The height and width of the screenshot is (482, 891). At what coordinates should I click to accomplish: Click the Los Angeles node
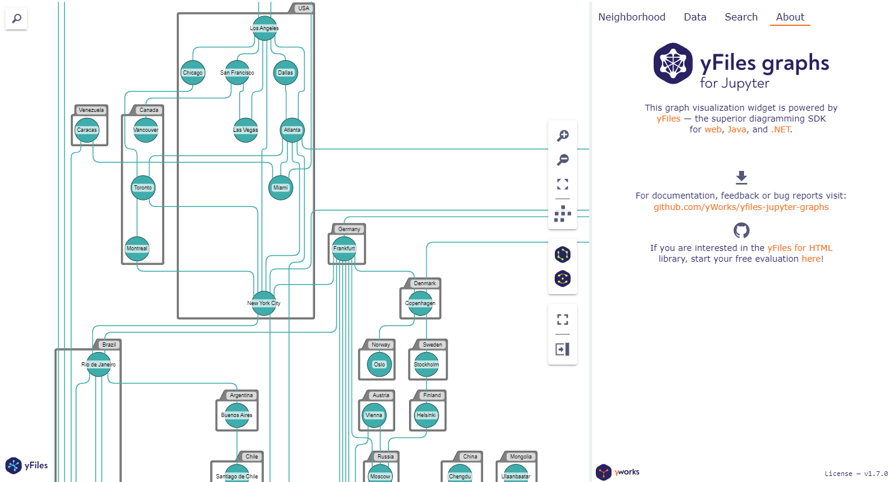[x=264, y=28]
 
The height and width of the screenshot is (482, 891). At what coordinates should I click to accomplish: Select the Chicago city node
[x=193, y=73]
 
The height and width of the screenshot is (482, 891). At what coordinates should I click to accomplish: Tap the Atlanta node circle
[x=292, y=130]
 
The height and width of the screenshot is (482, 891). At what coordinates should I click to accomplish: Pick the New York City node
[x=263, y=303]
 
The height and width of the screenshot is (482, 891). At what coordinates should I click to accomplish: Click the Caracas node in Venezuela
[x=87, y=130]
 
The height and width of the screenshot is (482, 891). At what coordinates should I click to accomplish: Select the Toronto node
[x=143, y=188]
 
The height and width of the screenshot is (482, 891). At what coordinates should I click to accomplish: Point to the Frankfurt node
[x=344, y=249]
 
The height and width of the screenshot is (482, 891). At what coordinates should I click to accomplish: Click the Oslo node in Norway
[x=380, y=365]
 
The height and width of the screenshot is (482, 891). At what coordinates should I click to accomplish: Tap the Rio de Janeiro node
[x=99, y=365]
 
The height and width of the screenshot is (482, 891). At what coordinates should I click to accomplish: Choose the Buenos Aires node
[x=237, y=415]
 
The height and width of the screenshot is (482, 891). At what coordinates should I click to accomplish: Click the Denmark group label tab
[x=425, y=283]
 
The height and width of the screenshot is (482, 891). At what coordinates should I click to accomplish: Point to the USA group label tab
[x=304, y=8]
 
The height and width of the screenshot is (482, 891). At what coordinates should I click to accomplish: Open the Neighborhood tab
[x=631, y=17]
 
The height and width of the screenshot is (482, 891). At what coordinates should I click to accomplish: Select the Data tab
[x=695, y=17]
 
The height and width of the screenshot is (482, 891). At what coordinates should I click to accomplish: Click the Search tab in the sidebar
[x=741, y=17]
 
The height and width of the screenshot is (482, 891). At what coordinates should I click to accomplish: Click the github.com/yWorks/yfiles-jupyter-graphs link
[x=741, y=207]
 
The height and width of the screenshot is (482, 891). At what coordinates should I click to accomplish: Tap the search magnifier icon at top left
[x=16, y=19]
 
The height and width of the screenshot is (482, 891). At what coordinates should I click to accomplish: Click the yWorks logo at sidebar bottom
[x=617, y=472]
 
